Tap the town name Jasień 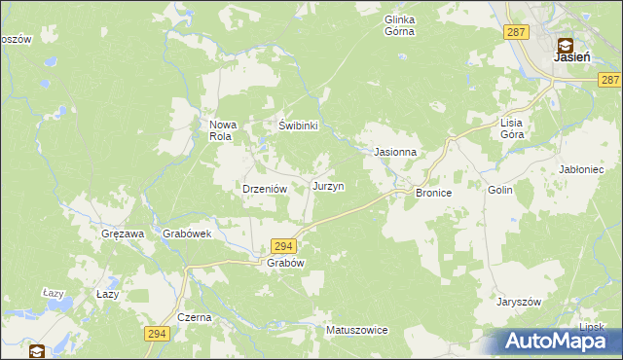coord(570,57)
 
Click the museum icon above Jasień coord(565,43)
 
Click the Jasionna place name coord(395,153)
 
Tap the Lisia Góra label coord(512,129)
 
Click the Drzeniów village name coord(262,190)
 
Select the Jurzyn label coord(327,185)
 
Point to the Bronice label coord(433,194)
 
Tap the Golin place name coord(500,192)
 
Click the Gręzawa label coord(123,234)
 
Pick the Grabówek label coord(188,234)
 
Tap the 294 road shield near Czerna coord(155,334)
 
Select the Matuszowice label coord(357,331)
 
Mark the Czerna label coord(194,318)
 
